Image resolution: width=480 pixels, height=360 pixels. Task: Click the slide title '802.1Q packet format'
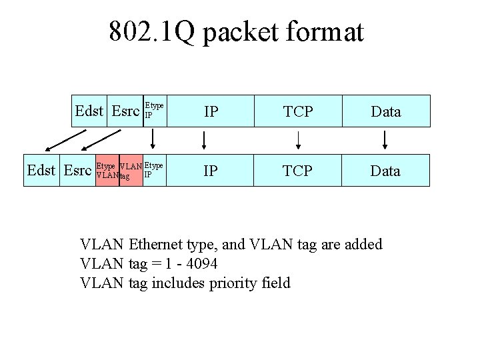tap(237, 31)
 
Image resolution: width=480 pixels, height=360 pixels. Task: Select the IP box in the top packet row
tap(211, 111)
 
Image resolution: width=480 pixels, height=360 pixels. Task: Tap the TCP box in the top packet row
tap(298, 111)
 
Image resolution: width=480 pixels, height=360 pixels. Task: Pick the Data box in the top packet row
tap(386, 111)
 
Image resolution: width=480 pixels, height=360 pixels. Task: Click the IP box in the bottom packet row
tap(211, 171)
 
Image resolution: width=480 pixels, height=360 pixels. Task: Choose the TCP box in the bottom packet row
tap(298, 171)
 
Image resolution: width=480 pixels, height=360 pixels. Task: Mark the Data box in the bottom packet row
tap(386, 171)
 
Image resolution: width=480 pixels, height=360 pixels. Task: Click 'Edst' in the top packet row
tap(89, 111)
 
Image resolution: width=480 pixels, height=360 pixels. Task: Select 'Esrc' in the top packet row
tap(125, 111)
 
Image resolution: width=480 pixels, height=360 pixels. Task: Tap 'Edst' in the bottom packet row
tap(41, 171)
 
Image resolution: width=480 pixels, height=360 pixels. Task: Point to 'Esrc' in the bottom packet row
tap(77, 171)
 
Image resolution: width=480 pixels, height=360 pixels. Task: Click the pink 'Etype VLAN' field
tap(107, 171)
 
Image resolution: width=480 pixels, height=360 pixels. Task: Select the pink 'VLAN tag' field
tap(131, 171)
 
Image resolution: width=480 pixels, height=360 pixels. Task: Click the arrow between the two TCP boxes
tap(298, 140)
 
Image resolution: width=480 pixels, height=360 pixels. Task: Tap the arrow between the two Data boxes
tap(385, 140)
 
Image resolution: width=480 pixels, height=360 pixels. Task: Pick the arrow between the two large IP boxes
tap(204, 140)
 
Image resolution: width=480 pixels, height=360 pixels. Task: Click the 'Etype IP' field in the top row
tap(154, 111)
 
